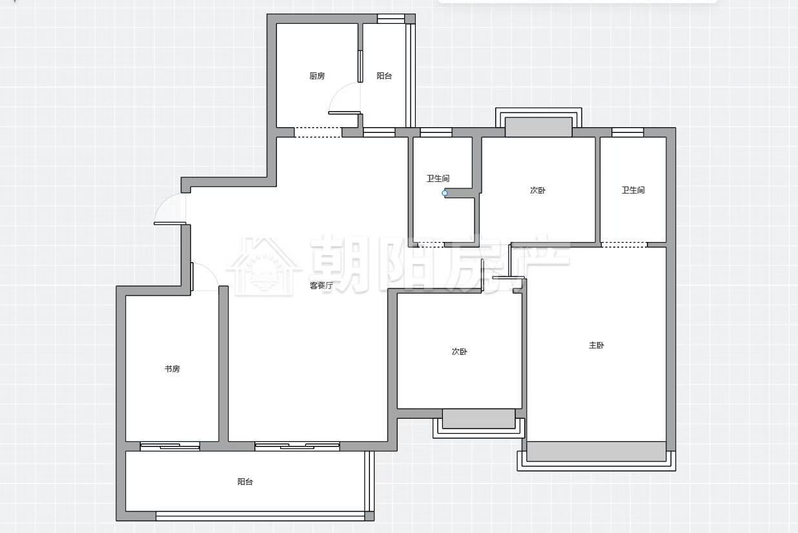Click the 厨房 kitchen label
[317, 76]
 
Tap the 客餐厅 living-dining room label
[322, 285]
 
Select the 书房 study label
[172, 369]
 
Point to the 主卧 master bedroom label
[597, 345]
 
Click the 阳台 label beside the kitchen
[384, 76]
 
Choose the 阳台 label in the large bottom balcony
[245, 482]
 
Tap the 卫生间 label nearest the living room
[438, 178]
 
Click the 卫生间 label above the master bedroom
[633, 190]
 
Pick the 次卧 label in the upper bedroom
[538, 190]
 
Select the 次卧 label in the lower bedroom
[459, 352]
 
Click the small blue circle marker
[444, 193]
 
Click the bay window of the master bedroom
[597, 456]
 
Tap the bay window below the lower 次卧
[478, 423]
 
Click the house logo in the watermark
[263, 267]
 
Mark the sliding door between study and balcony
[170, 446]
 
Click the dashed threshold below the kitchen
[318, 132]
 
